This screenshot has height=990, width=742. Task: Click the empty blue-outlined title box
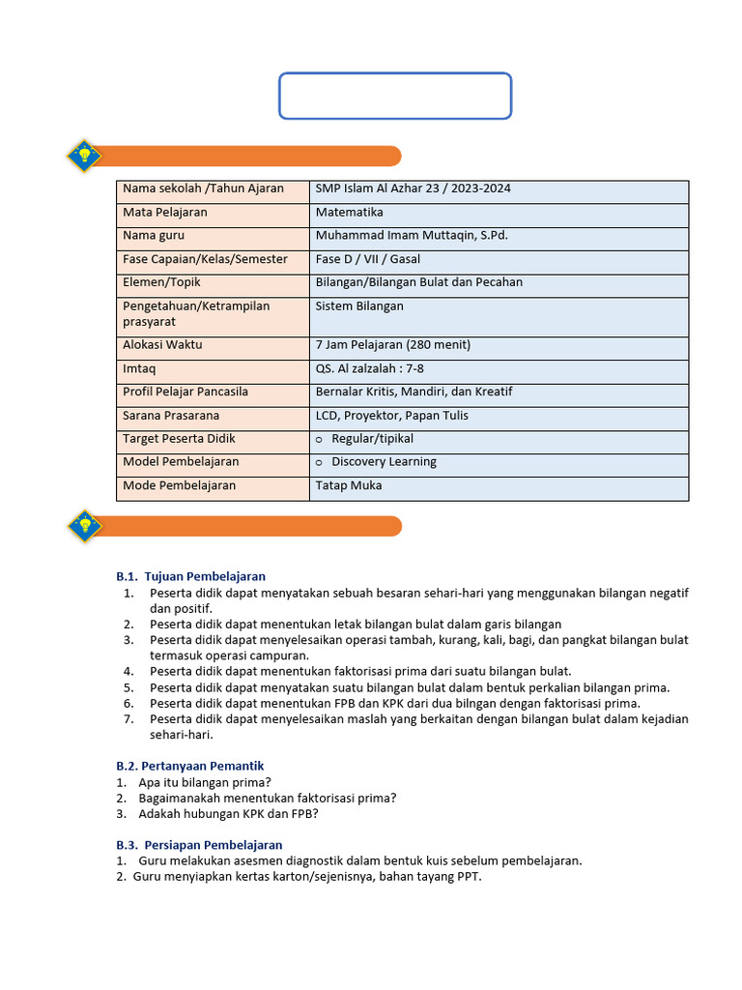395,96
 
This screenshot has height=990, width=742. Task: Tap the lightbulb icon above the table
85,156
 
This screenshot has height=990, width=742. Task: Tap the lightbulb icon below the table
85,525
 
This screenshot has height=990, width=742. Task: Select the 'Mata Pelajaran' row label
165,212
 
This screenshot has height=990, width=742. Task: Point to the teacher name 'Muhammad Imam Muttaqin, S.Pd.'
412,235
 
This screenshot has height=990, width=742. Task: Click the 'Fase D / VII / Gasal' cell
368,259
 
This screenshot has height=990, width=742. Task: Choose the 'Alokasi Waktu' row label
162,344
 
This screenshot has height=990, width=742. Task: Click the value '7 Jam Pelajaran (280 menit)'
393,344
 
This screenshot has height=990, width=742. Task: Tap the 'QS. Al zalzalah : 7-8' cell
370,368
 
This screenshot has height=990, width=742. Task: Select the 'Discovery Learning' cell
384,462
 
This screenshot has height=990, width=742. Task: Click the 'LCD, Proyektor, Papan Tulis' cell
392,416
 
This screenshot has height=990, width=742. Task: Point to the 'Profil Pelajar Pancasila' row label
185,392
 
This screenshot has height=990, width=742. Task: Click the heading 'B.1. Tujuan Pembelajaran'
191,576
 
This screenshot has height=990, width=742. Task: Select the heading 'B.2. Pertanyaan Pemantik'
190,766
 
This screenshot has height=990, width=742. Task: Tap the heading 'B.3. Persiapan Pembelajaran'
199,845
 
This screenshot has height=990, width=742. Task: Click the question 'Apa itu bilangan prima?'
205,782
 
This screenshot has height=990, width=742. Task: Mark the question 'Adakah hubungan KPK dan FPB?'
229,813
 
